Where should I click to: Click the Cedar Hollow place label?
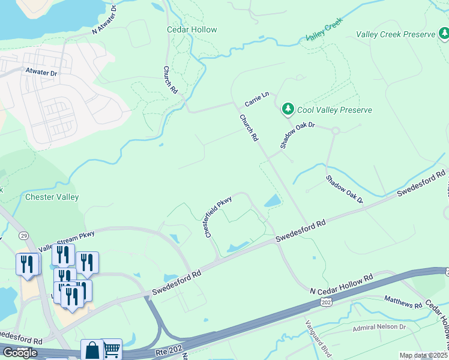point(191,29)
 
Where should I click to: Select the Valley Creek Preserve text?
point(395,34)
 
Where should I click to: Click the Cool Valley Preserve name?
point(336,110)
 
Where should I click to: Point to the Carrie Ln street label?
point(256,99)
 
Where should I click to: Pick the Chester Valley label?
point(52,197)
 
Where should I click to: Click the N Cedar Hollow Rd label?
point(342,284)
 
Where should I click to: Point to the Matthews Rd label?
point(403,301)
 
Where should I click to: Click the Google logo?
point(20,352)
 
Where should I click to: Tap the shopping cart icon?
point(112,349)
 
